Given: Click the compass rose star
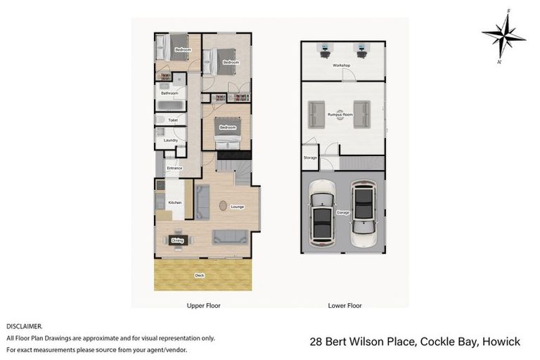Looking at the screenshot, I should [x=503, y=36].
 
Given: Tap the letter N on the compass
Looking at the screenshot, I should [x=499, y=62].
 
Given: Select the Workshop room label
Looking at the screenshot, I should [x=342, y=65].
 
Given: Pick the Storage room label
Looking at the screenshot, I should [x=310, y=158].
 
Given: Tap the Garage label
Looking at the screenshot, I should [x=342, y=212].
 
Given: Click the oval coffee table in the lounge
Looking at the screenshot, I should [x=224, y=206].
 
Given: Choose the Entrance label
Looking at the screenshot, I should [x=174, y=168].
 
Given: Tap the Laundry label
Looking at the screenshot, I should [x=170, y=140].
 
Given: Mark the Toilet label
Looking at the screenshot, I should [x=172, y=120].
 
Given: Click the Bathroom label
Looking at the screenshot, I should [x=169, y=93].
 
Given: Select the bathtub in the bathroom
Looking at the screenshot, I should [x=170, y=106].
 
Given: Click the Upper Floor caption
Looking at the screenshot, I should [x=203, y=306].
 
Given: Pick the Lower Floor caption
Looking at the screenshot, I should [x=345, y=306].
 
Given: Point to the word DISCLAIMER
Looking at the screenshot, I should [x=25, y=327].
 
